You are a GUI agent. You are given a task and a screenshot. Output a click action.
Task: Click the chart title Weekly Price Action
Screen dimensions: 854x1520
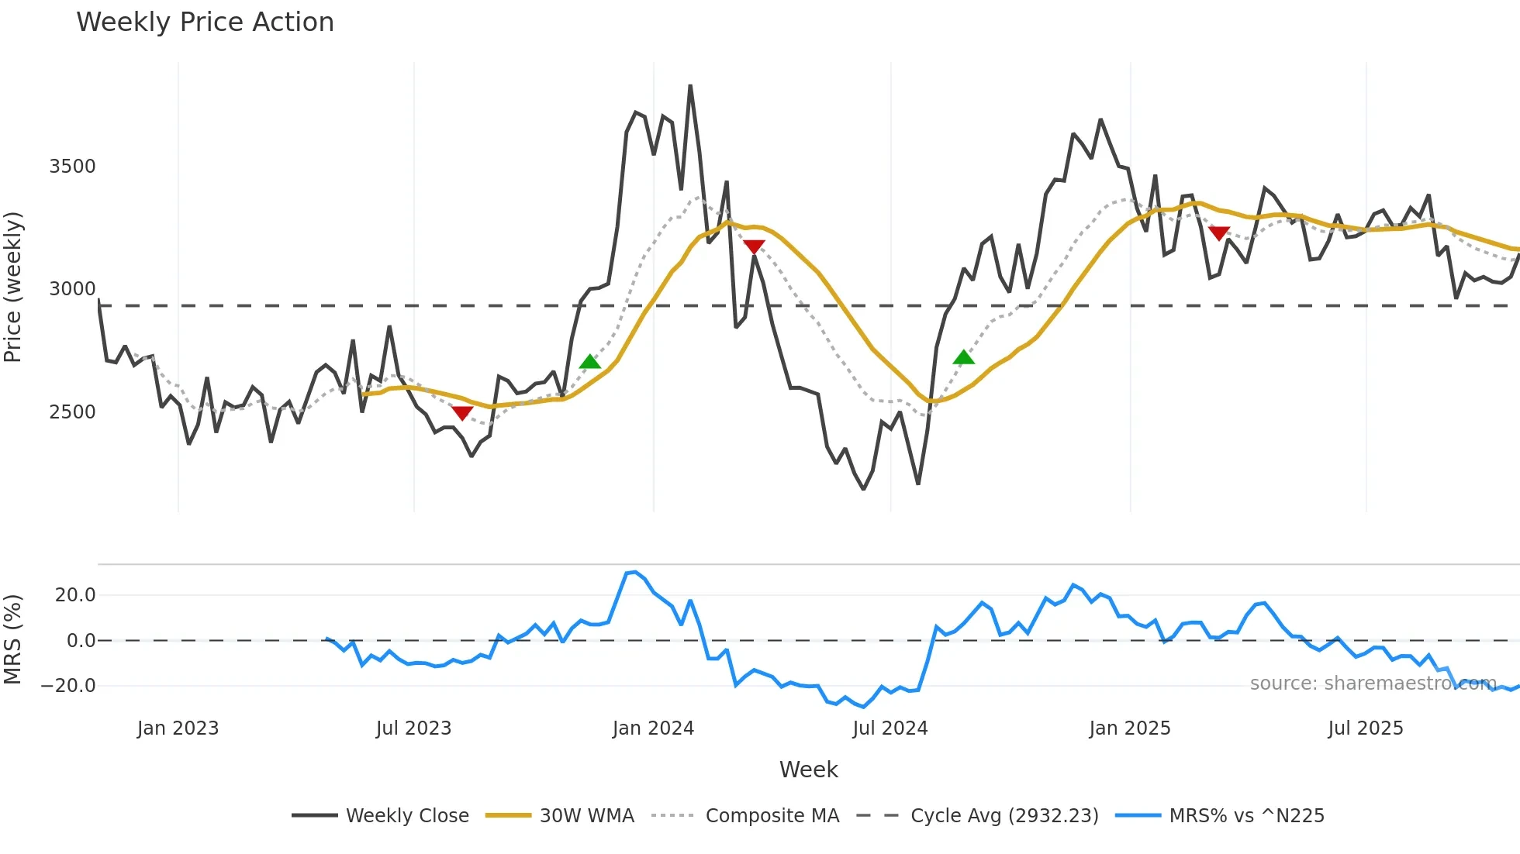[205, 22]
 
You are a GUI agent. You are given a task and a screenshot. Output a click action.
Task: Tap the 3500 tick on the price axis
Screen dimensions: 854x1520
[72, 167]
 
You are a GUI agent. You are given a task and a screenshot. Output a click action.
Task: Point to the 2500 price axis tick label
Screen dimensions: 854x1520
[72, 412]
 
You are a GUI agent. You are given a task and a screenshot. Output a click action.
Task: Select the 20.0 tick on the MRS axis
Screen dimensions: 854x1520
[75, 595]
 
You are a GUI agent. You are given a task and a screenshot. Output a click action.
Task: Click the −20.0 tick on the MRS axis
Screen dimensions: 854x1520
[69, 686]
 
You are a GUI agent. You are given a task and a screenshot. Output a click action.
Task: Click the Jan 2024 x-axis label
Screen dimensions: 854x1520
[653, 728]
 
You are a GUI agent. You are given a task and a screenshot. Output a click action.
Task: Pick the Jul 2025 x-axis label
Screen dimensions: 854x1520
[1365, 728]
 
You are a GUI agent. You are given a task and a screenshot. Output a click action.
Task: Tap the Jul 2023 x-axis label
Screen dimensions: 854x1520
[413, 728]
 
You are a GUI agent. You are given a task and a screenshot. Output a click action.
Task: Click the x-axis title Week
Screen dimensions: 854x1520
[808, 770]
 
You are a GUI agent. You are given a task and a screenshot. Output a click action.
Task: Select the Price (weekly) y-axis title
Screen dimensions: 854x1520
[13, 287]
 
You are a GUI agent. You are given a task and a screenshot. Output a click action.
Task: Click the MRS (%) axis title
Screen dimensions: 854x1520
[13, 639]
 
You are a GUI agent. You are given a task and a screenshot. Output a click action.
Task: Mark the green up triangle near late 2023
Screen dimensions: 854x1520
[590, 362]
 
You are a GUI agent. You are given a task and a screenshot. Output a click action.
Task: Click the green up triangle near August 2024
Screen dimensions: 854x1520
[963, 357]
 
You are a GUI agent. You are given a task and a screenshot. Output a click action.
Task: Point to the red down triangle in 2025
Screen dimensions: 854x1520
[1219, 233]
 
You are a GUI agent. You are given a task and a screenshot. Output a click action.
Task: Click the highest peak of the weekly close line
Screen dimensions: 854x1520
[690, 86]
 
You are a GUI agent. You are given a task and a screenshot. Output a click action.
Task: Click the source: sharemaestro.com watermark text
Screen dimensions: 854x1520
[1373, 684]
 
